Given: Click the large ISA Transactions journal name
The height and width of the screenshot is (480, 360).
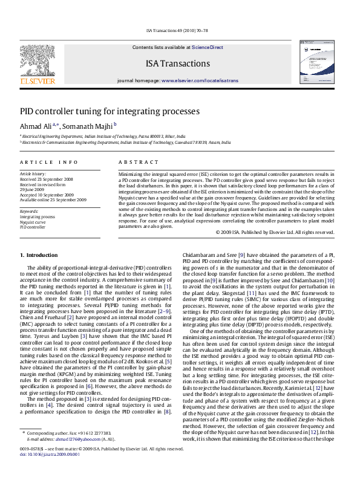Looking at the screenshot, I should click(177, 63).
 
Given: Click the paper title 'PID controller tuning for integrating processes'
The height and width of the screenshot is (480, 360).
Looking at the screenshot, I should click(110, 112).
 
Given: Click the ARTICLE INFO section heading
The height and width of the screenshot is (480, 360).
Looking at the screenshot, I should click(49, 163).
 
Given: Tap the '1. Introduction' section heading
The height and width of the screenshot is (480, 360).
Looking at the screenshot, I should click(39, 255).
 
